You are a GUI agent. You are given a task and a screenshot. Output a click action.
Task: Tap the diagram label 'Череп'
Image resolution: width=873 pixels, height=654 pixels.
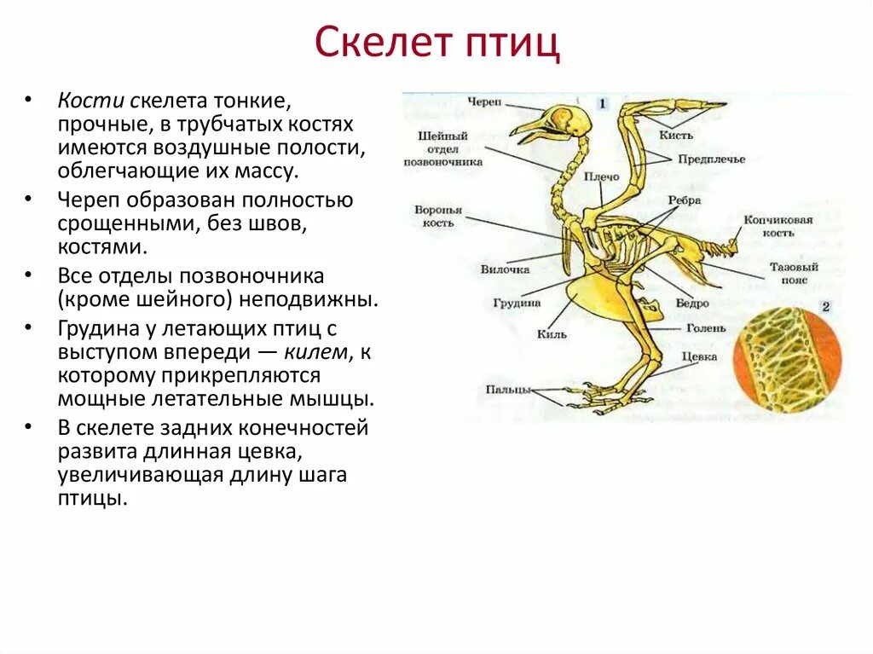tap(484, 102)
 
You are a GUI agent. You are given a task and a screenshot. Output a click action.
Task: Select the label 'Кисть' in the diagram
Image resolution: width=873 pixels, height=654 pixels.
tap(675, 135)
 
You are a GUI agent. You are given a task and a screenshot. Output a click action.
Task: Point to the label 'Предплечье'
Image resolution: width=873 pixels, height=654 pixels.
tap(712, 159)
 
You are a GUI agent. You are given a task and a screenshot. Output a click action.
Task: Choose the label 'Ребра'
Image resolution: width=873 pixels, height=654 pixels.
tap(685, 200)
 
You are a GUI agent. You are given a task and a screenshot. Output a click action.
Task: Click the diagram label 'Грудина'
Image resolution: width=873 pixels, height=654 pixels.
tap(517, 303)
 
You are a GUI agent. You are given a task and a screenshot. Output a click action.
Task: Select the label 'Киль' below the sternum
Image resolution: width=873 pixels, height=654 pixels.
tap(552, 334)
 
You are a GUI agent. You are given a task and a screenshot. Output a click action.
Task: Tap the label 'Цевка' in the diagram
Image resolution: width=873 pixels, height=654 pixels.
tap(699, 356)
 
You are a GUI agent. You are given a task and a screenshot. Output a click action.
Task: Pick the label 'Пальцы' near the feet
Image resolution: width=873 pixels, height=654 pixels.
tap(508, 389)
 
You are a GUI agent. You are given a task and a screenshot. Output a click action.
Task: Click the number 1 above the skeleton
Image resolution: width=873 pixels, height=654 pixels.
tap(602, 104)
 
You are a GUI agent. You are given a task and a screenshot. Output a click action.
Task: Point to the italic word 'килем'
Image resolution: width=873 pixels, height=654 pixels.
tap(318, 352)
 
